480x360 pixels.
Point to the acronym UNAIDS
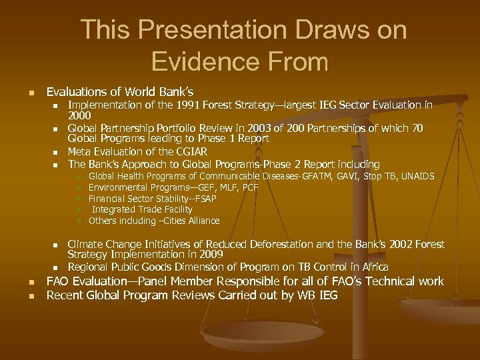[x=413, y=176]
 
